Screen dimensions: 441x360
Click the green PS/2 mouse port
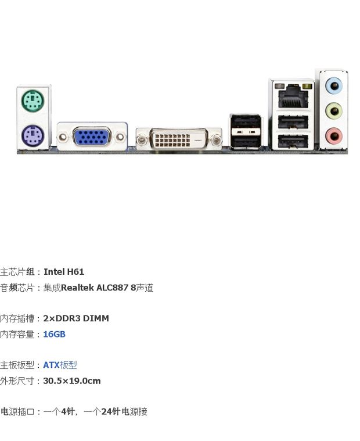coord(33,103)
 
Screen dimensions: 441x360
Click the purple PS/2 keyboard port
coord(33,137)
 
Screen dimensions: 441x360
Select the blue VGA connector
coord(91,138)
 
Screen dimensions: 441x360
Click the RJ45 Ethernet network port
coord(293,96)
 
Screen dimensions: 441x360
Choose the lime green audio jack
coord(333,110)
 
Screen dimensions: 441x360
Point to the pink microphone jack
coord(333,136)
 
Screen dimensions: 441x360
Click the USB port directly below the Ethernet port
coord(293,122)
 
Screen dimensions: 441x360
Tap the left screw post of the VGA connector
coord(63,138)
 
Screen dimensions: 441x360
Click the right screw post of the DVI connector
coord(215,140)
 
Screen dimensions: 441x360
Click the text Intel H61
coord(64,271)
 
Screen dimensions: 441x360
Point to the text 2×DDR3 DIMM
coord(76,318)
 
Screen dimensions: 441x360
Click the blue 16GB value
coord(54,335)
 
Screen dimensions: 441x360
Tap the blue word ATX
coord(51,365)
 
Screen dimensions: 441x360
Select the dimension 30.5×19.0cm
coord(72,381)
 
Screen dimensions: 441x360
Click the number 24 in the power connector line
coord(106,412)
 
